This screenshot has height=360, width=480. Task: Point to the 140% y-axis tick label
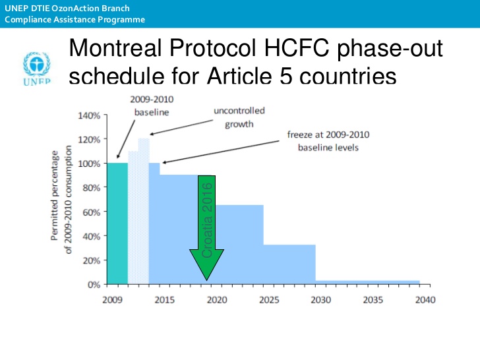[x=88, y=115]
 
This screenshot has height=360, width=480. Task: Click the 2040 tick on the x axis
[x=426, y=299]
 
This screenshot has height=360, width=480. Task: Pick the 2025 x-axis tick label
[x=268, y=299]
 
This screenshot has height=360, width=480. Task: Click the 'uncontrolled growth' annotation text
[x=239, y=117]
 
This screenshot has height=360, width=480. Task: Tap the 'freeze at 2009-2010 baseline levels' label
[x=328, y=141]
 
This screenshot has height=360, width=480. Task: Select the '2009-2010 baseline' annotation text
[x=152, y=105]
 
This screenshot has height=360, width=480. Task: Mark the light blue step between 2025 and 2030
[x=289, y=264]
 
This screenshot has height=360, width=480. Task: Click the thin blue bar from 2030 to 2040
[x=367, y=282]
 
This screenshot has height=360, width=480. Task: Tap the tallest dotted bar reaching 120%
[x=144, y=211]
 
